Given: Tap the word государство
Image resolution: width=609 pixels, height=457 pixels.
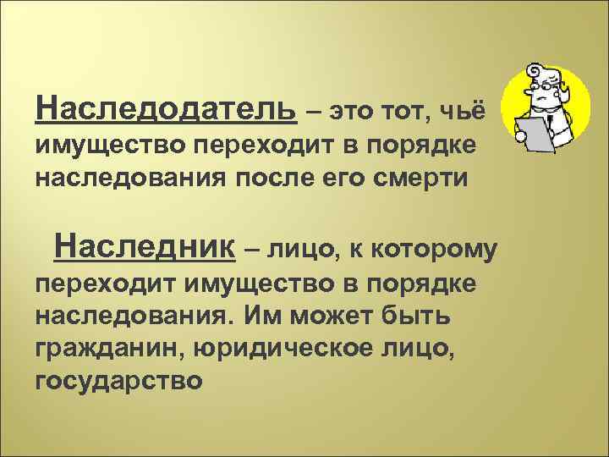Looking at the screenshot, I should tap(119, 381).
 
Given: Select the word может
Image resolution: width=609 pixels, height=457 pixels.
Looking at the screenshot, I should tap(321, 315).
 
